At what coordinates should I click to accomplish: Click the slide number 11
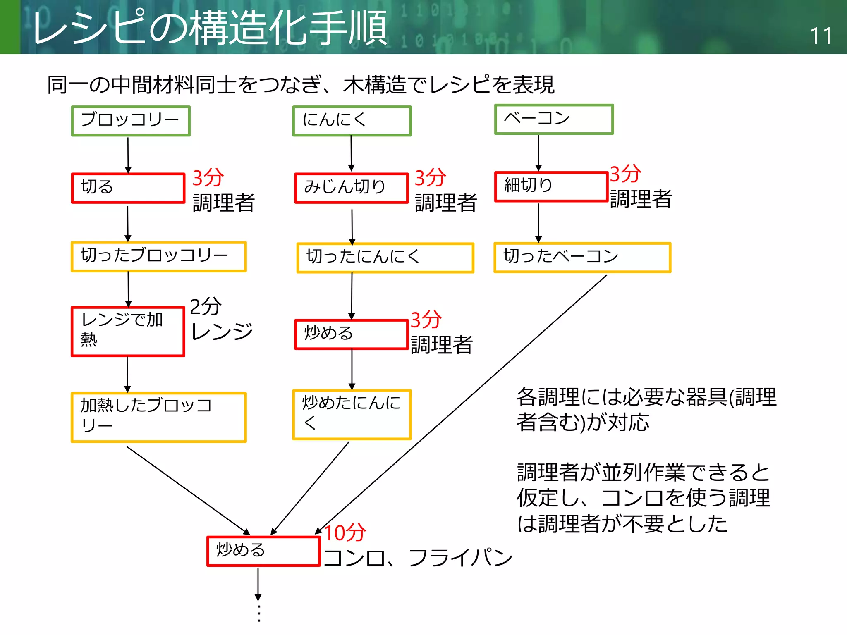tap(820, 36)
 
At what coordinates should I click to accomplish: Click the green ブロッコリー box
tap(131, 121)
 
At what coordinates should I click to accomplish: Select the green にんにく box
tap(352, 121)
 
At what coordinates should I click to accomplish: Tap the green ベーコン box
tap(554, 119)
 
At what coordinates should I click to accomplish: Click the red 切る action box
tap(128, 188)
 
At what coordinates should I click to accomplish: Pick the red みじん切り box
tap(351, 188)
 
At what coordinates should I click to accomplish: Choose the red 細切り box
tap(551, 186)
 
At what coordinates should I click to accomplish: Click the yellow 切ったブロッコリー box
tap(158, 256)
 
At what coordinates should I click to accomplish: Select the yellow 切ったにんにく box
tap(385, 258)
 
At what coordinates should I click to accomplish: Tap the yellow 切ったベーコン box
tap(582, 257)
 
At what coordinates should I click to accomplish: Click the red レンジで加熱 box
tap(128, 331)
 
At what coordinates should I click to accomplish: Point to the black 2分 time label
tap(206, 306)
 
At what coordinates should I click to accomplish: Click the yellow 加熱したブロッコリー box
tap(158, 417)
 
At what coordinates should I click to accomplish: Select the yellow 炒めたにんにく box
tap(352, 414)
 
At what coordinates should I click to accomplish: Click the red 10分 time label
tap(345, 532)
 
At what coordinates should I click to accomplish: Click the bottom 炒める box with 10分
tap(263, 551)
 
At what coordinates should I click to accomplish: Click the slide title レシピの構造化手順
tap(209, 28)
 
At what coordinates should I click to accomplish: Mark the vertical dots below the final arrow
tap(258, 613)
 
